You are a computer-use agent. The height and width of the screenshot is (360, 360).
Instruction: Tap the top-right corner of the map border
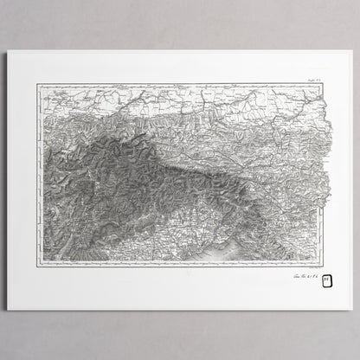(322, 84)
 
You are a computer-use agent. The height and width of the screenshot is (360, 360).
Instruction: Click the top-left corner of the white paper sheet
(8, 50)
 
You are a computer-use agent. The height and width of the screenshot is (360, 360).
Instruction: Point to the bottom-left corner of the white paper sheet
(8, 310)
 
